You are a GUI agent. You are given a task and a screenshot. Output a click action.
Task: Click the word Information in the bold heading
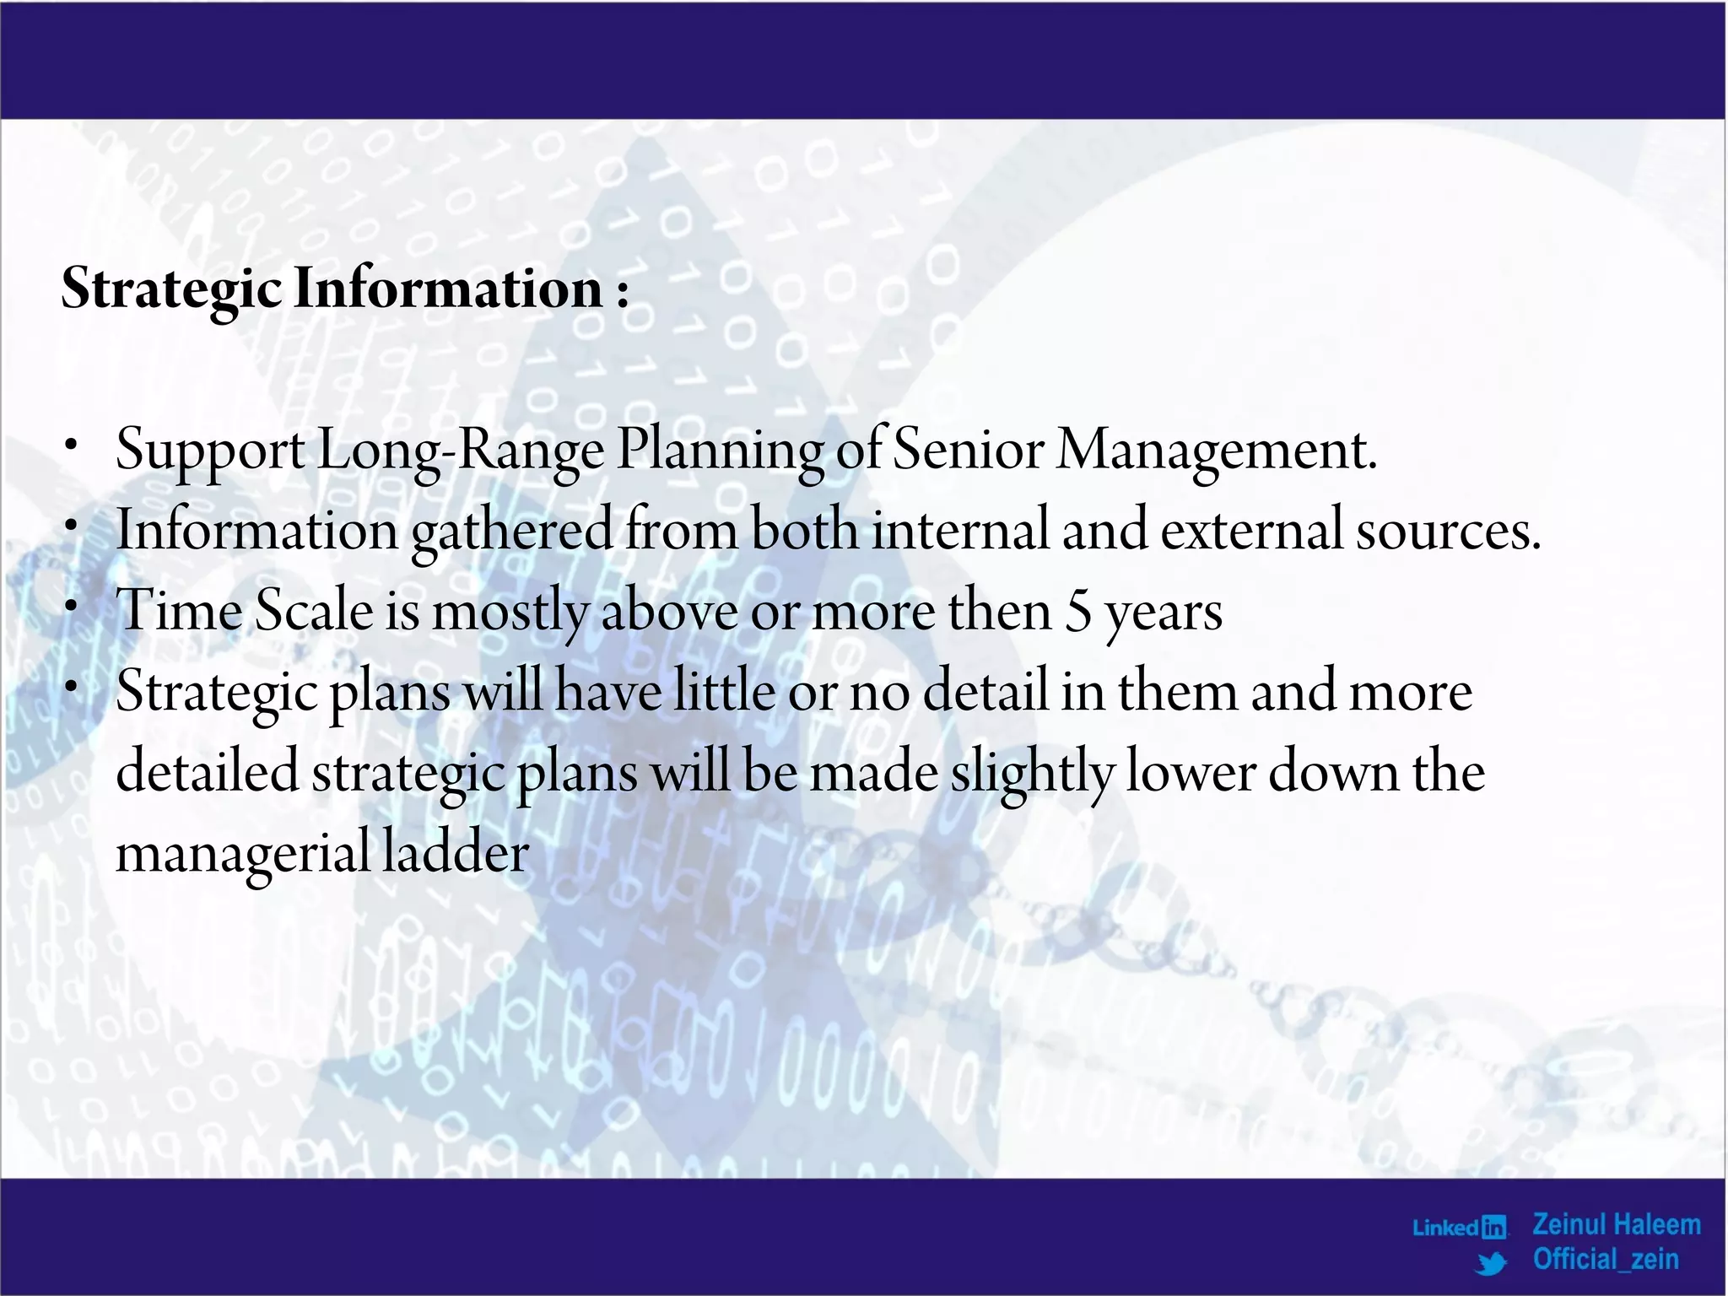click(x=447, y=289)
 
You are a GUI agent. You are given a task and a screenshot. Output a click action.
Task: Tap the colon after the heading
click(x=623, y=294)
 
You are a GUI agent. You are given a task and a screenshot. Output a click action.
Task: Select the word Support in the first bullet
click(x=209, y=451)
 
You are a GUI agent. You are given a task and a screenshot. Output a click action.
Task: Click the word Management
click(x=1215, y=449)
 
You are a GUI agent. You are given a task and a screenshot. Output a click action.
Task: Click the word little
click(x=724, y=691)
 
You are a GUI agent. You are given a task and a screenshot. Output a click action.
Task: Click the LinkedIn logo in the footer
click(x=1460, y=1227)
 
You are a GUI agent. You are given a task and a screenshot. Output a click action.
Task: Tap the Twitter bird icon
click(x=1492, y=1262)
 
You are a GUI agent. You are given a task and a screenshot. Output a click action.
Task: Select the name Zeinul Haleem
click(x=1616, y=1224)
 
